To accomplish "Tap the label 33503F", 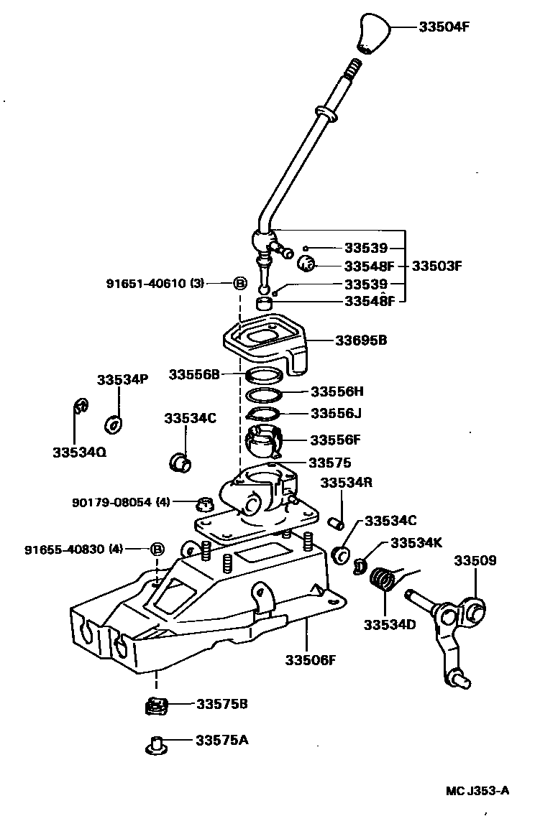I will point(436,266).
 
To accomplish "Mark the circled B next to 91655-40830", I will point(157,550).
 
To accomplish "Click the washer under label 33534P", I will point(114,425).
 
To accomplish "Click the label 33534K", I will point(416,543).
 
